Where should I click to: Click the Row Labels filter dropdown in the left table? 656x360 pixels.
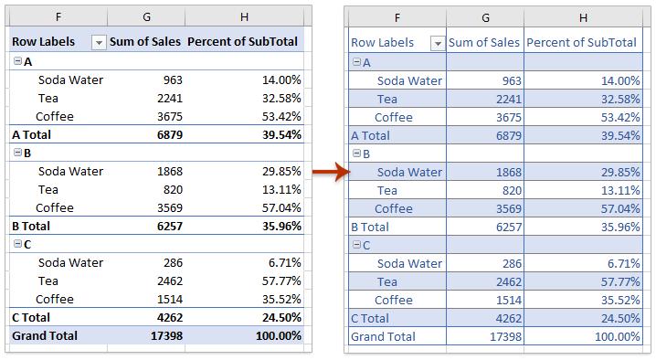coord(99,42)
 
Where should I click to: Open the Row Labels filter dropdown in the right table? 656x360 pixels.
coord(437,43)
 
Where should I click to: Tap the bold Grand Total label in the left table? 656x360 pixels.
coord(45,335)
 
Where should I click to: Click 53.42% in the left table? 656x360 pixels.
coord(278,116)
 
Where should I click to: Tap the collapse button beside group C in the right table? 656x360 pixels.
coord(356,245)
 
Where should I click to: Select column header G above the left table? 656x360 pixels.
coord(145,16)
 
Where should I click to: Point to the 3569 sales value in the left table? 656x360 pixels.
coord(165,207)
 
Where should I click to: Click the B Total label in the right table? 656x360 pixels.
coord(369,227)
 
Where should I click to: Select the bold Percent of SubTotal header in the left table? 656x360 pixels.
coord(244,42)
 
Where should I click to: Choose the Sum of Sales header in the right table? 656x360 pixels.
coord(484,43)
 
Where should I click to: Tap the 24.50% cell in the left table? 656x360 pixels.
coord(278,317)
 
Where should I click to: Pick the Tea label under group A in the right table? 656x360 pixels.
coord(386,99)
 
